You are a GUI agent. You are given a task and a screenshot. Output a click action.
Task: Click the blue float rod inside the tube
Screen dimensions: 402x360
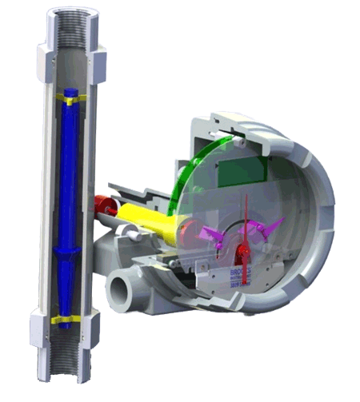68,176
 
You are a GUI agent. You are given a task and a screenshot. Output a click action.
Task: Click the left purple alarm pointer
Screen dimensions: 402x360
217,233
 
